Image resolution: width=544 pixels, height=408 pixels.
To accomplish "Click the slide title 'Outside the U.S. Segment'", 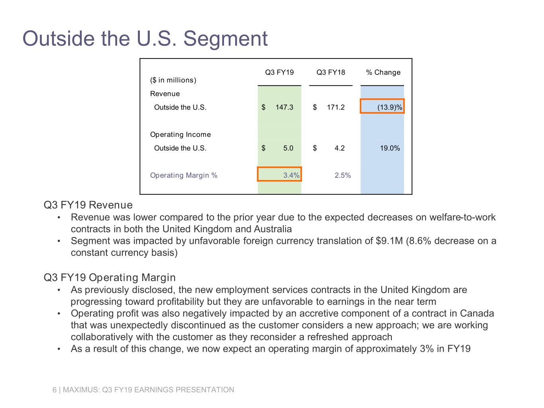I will coord(145,39).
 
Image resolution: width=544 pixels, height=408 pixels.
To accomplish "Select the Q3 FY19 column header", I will coord(279,73).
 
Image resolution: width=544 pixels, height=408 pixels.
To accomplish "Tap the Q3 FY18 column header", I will coord(331,73).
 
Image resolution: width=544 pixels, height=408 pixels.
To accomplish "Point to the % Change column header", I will coord(383,73).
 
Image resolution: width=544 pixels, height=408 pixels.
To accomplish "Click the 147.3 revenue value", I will coord(284,108).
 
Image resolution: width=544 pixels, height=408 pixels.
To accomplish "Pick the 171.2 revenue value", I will coord(336,108).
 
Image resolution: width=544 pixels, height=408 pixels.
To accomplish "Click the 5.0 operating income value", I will coord(288,148).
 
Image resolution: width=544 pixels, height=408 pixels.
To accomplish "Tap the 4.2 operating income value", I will coord(340,148).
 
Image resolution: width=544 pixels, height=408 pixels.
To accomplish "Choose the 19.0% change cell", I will coord(389,148).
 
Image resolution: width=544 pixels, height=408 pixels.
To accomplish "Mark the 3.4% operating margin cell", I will coord(291,175).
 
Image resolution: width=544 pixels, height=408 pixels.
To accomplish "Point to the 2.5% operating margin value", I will coord(342,175).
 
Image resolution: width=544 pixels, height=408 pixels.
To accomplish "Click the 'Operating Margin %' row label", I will coord(183,175).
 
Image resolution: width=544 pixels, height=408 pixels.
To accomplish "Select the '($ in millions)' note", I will coord(173,80).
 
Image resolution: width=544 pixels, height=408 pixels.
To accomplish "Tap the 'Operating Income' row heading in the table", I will coord(180,135).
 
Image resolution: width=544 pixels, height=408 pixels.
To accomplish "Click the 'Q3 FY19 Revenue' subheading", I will coord(88,205).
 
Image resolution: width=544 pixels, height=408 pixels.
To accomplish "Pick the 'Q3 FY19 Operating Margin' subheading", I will coord(110,278).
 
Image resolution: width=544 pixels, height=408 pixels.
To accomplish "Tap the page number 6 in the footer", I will coord(55,390).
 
